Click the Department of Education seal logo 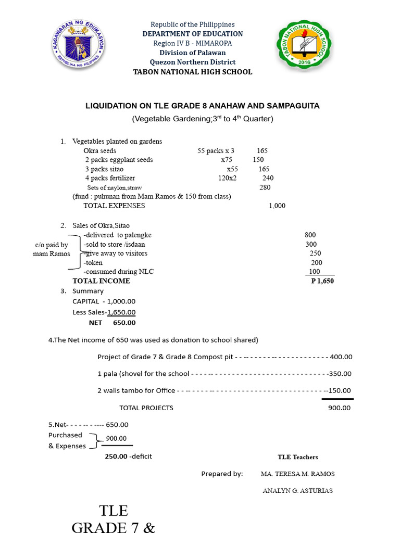coord(79,47)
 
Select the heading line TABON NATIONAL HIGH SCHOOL coord(193,72)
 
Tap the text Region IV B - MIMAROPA coord(193,43)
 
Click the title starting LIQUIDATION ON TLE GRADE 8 coord(203,106)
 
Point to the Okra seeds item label coord(100,151)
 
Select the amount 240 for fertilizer coord(268,178)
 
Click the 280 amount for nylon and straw coord(265,187)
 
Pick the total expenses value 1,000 coord(277,206)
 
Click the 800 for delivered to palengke coord(310,235)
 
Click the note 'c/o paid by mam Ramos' coord(52,249)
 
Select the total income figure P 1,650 coord(322,281)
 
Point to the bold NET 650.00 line coord(112,323)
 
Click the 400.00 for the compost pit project coord(341,357)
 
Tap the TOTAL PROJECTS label coord(146,408)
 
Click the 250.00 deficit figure coord(116,456)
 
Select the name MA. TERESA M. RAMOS coord(297,474)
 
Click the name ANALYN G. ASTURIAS coord(297,491)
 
